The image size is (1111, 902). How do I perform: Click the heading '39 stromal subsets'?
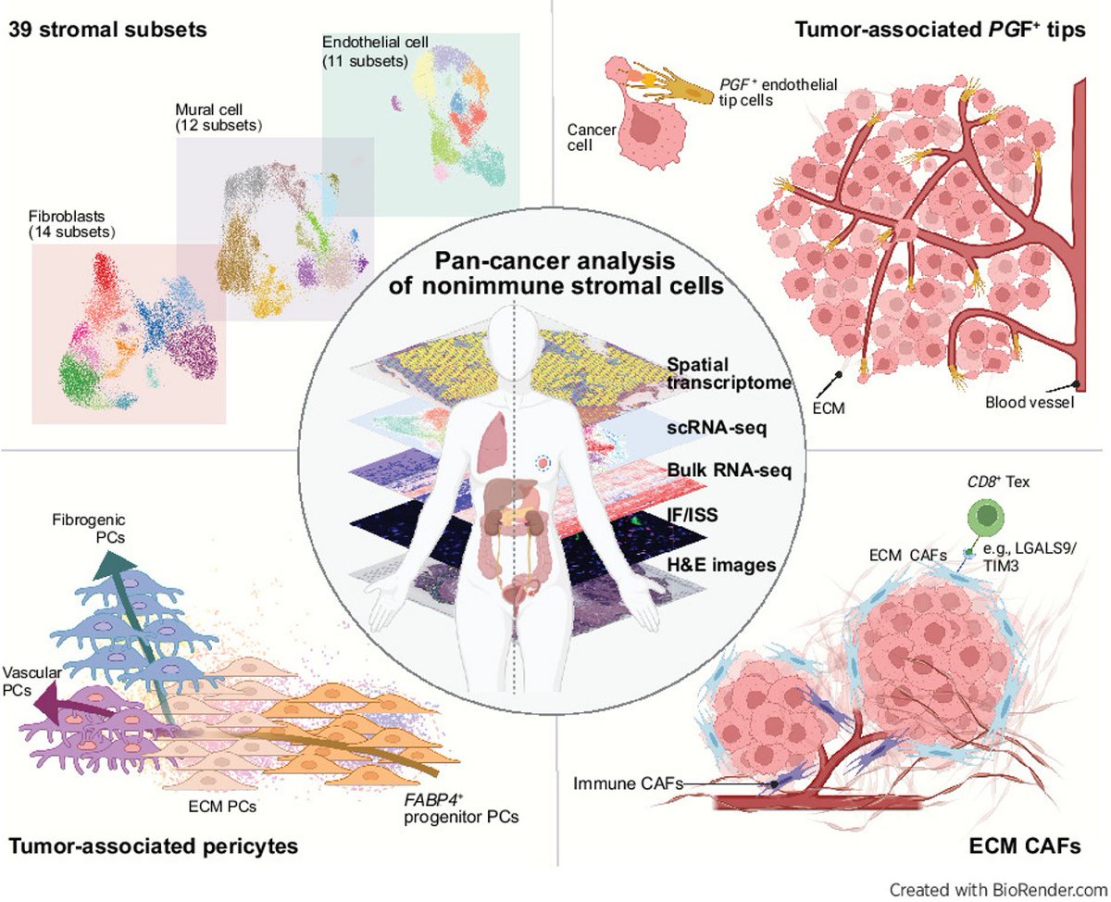click(106, 29)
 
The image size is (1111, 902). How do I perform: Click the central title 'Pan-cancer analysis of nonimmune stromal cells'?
click(554, 274)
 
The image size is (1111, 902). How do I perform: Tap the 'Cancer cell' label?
click(591, 137)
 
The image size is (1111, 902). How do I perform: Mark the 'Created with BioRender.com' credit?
click(998, 888)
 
